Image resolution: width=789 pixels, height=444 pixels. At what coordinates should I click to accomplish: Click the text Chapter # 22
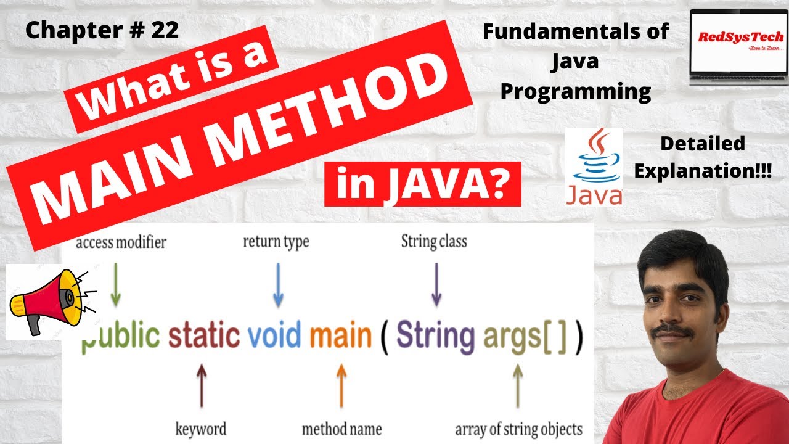coord(102,31)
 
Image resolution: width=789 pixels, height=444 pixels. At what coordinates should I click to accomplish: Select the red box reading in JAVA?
coord(422,184)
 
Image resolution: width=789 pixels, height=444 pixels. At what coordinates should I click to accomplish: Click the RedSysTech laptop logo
coord(738,46)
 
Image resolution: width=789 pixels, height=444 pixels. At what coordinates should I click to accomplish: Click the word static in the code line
coord(204,336)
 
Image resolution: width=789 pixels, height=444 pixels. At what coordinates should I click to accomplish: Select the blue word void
coord(274,336)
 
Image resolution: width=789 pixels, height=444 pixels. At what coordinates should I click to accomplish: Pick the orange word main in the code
coord(341,336)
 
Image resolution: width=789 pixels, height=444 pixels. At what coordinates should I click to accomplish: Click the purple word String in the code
coord(435,336)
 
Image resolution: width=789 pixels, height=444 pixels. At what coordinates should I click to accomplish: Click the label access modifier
coord(121,242)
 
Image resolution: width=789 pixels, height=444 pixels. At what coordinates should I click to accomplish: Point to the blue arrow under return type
coord(278,285)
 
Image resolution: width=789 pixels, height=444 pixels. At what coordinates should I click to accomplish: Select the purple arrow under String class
coord(436,285)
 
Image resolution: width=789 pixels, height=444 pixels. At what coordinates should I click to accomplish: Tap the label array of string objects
coord(518,429)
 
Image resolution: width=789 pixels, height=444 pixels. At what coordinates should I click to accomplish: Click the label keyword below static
coord(201,429)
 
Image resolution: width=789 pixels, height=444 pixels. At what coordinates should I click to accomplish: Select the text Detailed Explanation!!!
coord(702,158)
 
